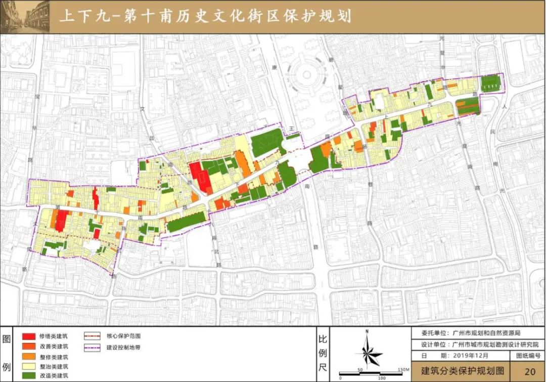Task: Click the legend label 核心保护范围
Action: pyautogui.click(x=123, y=336)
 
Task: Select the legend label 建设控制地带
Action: pyautogui.click(x=123, y=347)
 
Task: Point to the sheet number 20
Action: pyautogui.click(x=529, y=371)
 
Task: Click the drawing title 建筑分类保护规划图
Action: pyautogui.click(x=459, y=371)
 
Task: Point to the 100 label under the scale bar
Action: pyautogui.click(x=381, y=377)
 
